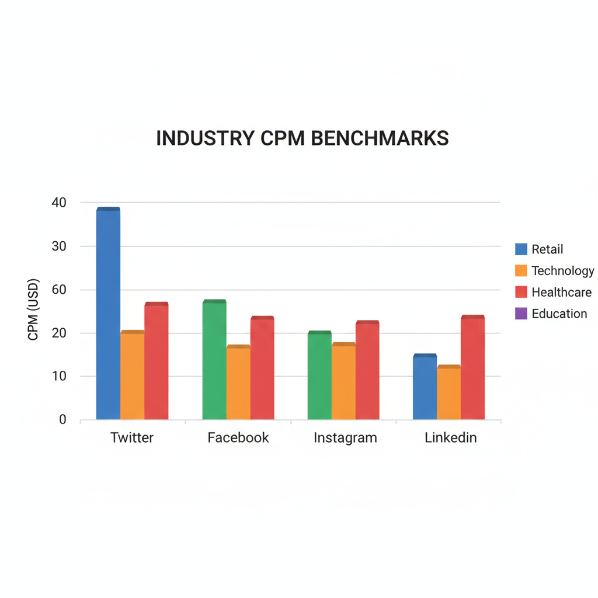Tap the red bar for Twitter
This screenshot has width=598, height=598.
coord(157,361)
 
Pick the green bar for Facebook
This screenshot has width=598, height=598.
coord(214,360)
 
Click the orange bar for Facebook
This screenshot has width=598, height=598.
coord(238,383)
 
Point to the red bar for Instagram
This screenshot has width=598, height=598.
coord(367,370)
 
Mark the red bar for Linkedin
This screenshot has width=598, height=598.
coord(472,367)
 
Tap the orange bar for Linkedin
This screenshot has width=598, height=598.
coord(448,392)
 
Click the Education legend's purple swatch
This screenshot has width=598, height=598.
coord(521,314)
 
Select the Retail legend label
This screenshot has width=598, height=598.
coord(547,249)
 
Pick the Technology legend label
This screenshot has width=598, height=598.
coord(562,271)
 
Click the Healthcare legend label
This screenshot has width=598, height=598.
coord(561,292)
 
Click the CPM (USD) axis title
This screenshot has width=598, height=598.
coord(33,310)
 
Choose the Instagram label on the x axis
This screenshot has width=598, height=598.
coord(345,437)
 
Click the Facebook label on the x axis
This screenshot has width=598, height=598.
coord(238,437)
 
